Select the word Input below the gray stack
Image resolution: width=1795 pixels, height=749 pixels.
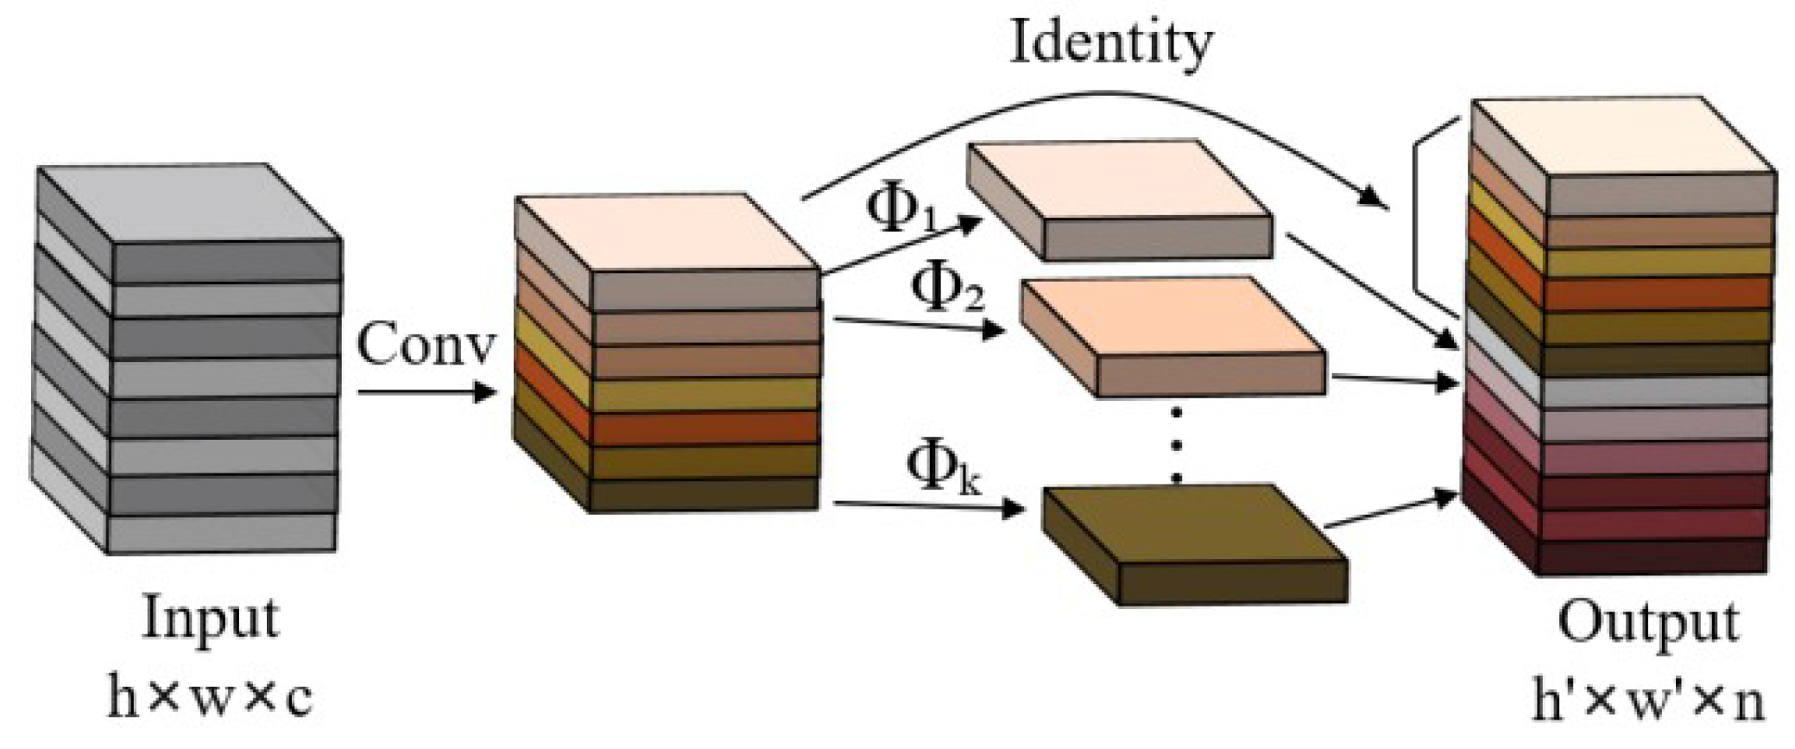[x=211, y=619]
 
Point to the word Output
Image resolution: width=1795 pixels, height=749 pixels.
[x=1647, y=624]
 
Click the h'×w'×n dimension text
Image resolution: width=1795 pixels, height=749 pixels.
[x=1647, y=700]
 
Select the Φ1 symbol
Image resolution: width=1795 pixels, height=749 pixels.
[x=901, y=209]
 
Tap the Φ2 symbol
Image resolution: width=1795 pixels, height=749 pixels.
[x=948, y=289]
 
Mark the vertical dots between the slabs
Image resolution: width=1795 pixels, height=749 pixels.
[x=1175, y=445]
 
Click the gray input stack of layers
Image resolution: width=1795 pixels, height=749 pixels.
[x=186, y=359]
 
